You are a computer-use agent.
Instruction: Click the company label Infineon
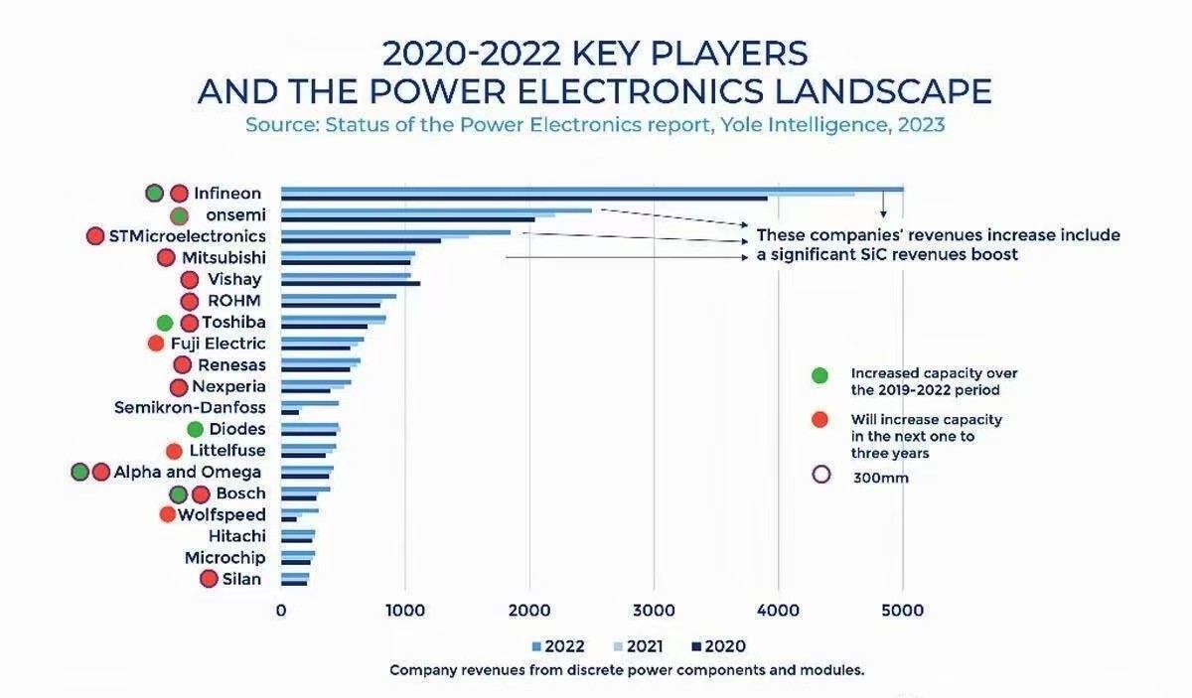(227, 194)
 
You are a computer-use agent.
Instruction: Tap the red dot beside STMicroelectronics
(95, 236)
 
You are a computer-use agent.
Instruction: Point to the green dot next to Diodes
(195, 429)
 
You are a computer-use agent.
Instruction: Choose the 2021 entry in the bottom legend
(640, 646)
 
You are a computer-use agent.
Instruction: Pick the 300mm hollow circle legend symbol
(820, 474)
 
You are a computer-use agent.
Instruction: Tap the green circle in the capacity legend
(819, 375)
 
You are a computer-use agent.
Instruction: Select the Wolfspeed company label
(222, 514)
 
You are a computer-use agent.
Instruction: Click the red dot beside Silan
(209, 579)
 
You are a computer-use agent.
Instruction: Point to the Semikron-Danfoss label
(190, 407)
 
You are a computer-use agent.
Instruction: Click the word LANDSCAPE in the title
(883, 90)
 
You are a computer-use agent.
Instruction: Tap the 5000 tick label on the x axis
(902, 611)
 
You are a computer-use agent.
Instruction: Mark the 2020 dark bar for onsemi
(407, 219)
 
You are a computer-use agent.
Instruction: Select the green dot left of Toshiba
(165, 323)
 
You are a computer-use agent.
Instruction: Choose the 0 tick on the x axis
(281, 611)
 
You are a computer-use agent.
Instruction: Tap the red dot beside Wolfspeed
(168, 514)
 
